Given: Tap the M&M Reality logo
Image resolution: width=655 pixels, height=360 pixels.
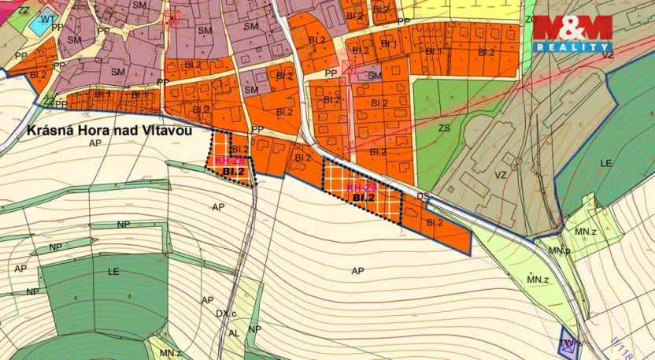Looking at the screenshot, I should (x=572, y=28).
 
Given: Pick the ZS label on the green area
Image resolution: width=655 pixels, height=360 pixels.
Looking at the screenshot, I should (x=445, y=128).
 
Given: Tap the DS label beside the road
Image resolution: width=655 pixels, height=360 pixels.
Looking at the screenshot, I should (x=424, y=195).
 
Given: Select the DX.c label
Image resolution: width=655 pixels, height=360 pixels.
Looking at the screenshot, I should (x=228, y=314).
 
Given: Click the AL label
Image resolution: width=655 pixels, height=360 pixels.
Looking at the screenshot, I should (x=233, y=333).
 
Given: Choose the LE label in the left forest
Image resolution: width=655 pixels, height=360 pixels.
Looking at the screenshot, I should (x=113, y=270).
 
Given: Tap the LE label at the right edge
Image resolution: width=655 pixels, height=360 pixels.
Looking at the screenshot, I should (x=606, y=162).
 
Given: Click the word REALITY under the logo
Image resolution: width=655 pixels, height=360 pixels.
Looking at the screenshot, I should (x=572, y=47).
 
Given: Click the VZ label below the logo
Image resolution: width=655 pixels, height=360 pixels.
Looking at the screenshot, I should (x=607, y=55).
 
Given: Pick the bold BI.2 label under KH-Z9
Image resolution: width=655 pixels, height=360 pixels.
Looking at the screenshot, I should (x=363, y=198).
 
